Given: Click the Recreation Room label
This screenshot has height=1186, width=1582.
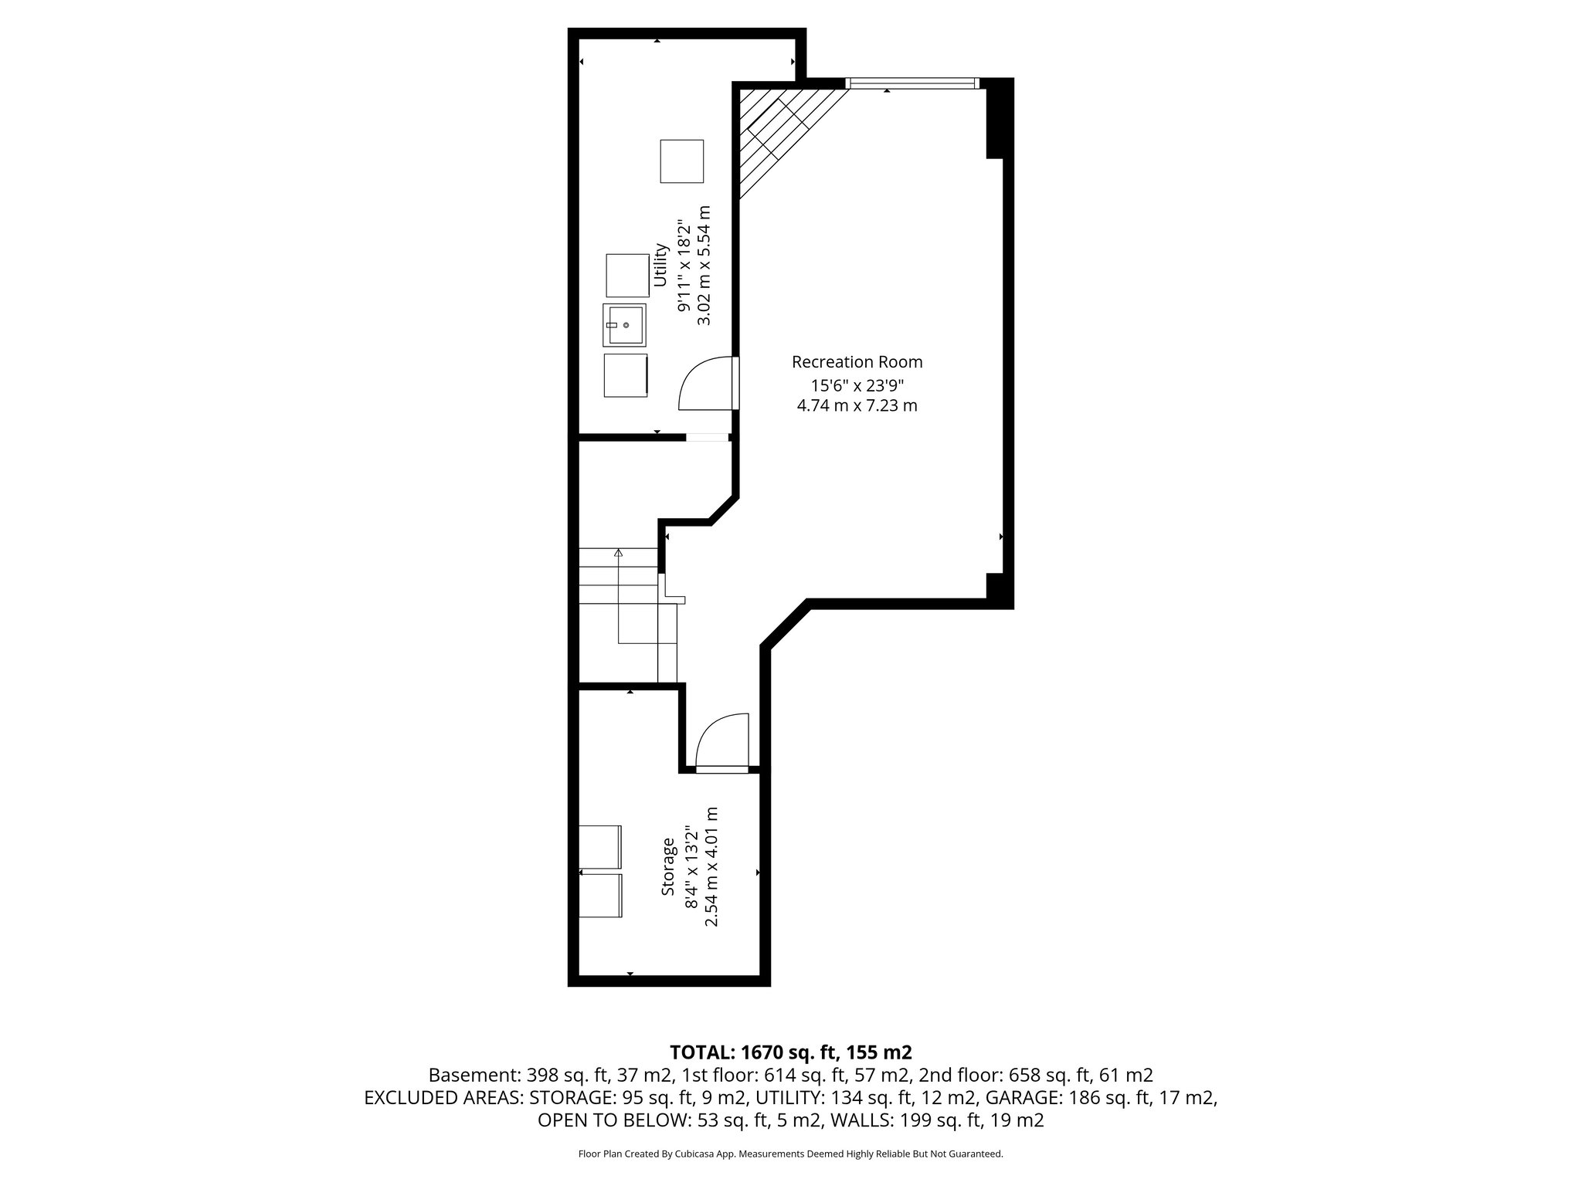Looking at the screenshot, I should coord(857,362).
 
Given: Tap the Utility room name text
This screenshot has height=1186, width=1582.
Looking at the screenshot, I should coord(660,265).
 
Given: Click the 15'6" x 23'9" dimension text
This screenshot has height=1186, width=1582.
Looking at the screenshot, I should coord(857,385).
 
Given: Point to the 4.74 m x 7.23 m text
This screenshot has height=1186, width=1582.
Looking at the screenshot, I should coord(857,405).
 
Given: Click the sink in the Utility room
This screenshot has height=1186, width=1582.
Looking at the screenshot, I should coord(624,325).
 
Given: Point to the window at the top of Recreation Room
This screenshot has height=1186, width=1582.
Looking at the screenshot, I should coord(912,83).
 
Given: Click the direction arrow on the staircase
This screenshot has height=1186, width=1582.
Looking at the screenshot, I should coord(618,553).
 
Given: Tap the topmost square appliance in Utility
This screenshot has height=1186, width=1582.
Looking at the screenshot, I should coord(681,161).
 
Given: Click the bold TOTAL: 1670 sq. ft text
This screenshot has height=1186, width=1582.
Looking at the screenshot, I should coord(791,1052).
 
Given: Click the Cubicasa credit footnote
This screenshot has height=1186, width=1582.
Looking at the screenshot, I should coord(790,1154).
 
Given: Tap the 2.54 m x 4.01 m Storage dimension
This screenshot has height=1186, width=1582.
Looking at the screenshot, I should coord(712,867).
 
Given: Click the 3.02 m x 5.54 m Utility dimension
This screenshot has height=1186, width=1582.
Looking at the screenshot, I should coord(703,265).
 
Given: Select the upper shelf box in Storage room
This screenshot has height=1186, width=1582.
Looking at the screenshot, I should coord(600,846).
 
